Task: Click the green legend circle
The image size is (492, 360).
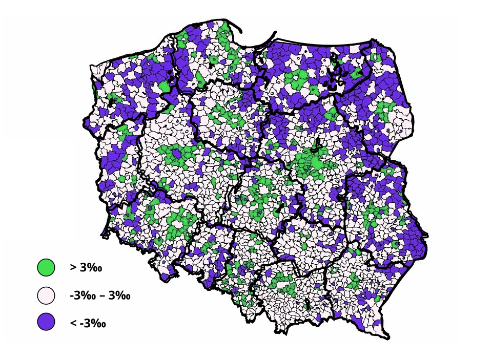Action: [x=46, y=267]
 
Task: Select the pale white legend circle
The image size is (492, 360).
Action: [x=46, y=295]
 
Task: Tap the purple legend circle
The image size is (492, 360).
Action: [x=46, y=322]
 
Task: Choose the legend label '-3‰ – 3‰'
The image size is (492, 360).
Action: [x=100, y=295]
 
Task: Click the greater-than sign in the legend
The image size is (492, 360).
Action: [x=73, y=267]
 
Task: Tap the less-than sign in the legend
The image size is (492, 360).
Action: [x=73, y=323]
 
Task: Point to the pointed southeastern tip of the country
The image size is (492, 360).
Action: [x=388, y=337]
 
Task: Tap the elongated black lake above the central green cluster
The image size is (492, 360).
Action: [x=317, y=143]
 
